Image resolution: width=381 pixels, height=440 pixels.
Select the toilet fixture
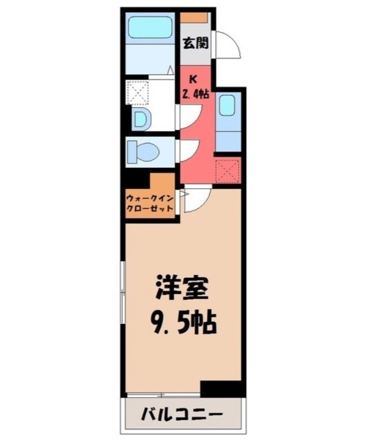[143, 150]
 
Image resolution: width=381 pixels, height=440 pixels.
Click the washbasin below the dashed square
[140, 118]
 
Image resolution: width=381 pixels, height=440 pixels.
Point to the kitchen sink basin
[227, 105]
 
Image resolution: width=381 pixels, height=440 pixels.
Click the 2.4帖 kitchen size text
[195, 94]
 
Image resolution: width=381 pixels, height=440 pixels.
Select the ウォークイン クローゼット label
[150, 204]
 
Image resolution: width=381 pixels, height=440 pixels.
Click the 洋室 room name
[181, 288]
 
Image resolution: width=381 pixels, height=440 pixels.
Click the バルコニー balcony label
[182, 414]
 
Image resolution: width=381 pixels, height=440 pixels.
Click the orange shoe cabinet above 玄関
[195, 16]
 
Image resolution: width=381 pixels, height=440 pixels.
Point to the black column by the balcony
[221, 389]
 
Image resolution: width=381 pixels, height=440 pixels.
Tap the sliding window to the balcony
[162, 394]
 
